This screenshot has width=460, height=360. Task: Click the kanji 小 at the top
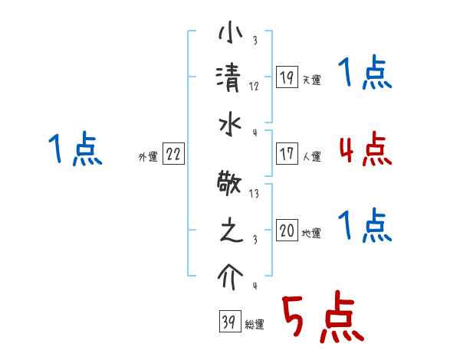pyautogui.click(x=229, y=35)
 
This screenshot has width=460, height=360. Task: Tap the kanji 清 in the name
pyautogui.click(x=229, y=77)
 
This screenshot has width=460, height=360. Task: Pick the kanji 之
pyautogui.click(x=229, y=232)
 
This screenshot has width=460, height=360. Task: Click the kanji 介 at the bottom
pyautogui.click(x=229, y=273)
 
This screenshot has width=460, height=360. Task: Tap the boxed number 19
pyautogui.click(x=287, y=77)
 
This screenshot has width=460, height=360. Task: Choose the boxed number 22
pyautogui.click(x=173, y=155)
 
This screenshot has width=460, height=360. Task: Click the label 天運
pyautogui.click(x=311, y=80)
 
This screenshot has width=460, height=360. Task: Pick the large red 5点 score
pyautogui.click(x=321, y=319)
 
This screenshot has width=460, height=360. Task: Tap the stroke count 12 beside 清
pyautogui.click(x=253, y=87)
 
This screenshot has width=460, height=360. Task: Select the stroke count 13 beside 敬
pyautogui.click(x=254, y=195)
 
